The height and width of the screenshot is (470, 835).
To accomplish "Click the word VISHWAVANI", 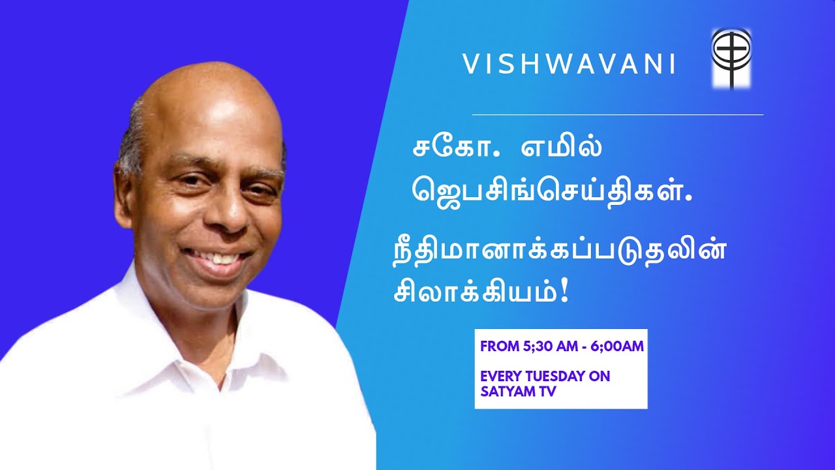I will pos(569,64).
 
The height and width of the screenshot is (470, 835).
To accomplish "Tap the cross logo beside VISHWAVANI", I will pos(731,58).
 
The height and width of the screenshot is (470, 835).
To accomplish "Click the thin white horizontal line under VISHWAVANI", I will pos(617,115).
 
